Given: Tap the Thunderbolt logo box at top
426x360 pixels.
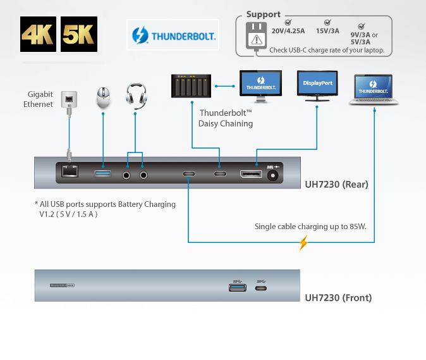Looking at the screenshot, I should pyautogui.click(x=173, y=35).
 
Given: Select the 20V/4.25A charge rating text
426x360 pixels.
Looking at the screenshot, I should pyautogui.click(x=288, y=30).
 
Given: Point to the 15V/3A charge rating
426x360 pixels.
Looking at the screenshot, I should pyautogui.click(x=327, y=30).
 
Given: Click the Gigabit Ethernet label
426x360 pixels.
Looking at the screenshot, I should pyautogui.click(x=40, y=99).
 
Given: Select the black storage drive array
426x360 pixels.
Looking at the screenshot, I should pyautogui.click(x=192, y=86).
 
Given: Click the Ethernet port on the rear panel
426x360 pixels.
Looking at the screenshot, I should pyautogui.click(x=69, y=171).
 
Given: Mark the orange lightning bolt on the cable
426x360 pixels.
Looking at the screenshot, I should pyautogui.click(x=303, y=242).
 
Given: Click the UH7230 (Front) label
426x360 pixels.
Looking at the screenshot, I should pyautogui.click(x=338, y=297).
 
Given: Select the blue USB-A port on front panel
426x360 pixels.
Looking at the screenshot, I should pyautogui.click(x=238, y=289).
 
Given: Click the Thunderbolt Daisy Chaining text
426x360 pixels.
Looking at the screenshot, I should pyautogui.click(x=226, y=118).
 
